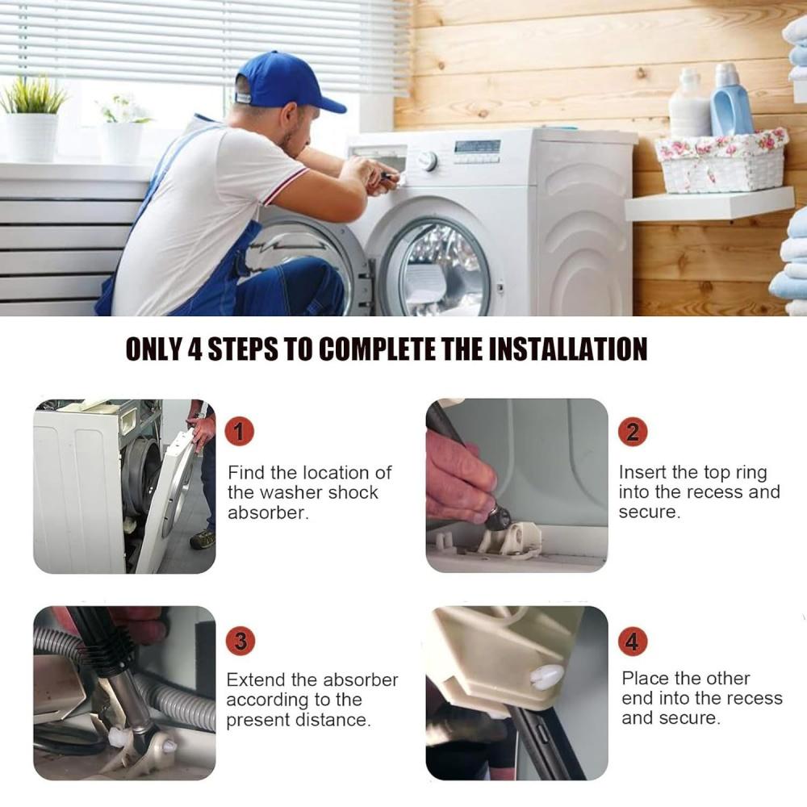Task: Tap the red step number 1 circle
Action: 240,431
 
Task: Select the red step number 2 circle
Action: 633,431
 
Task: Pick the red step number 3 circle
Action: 240,641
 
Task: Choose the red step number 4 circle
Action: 632,641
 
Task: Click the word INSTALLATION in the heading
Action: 567,349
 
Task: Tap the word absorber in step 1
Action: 268,512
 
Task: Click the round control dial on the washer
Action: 428,161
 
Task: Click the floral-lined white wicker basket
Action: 721,160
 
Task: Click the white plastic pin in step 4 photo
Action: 546,677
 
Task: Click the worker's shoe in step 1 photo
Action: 203,539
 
